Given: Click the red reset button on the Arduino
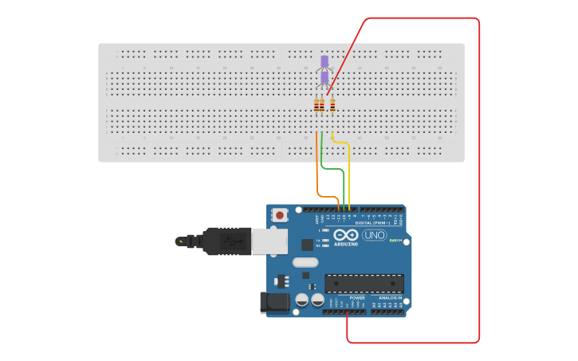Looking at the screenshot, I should tap(280, 214).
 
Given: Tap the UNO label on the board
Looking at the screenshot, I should tap(374, 235).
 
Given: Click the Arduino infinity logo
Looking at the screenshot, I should tap(346, 235).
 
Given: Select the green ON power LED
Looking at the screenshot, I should tap(391, 240).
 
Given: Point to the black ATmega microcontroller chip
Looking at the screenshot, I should tap(364, 283).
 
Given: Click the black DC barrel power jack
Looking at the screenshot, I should tap(274, 302).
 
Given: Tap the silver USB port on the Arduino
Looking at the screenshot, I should tap(269, 241).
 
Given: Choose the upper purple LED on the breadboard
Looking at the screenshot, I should tap(324, 61).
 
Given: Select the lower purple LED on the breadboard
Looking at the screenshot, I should tap(324, 78).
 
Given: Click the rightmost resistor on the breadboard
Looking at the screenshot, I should tap(332, 105).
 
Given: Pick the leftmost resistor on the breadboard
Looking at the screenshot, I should tap(317, 105).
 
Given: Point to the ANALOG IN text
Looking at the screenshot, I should tap(390, 297).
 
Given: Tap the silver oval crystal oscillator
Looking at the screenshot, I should tap(305, 262).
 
